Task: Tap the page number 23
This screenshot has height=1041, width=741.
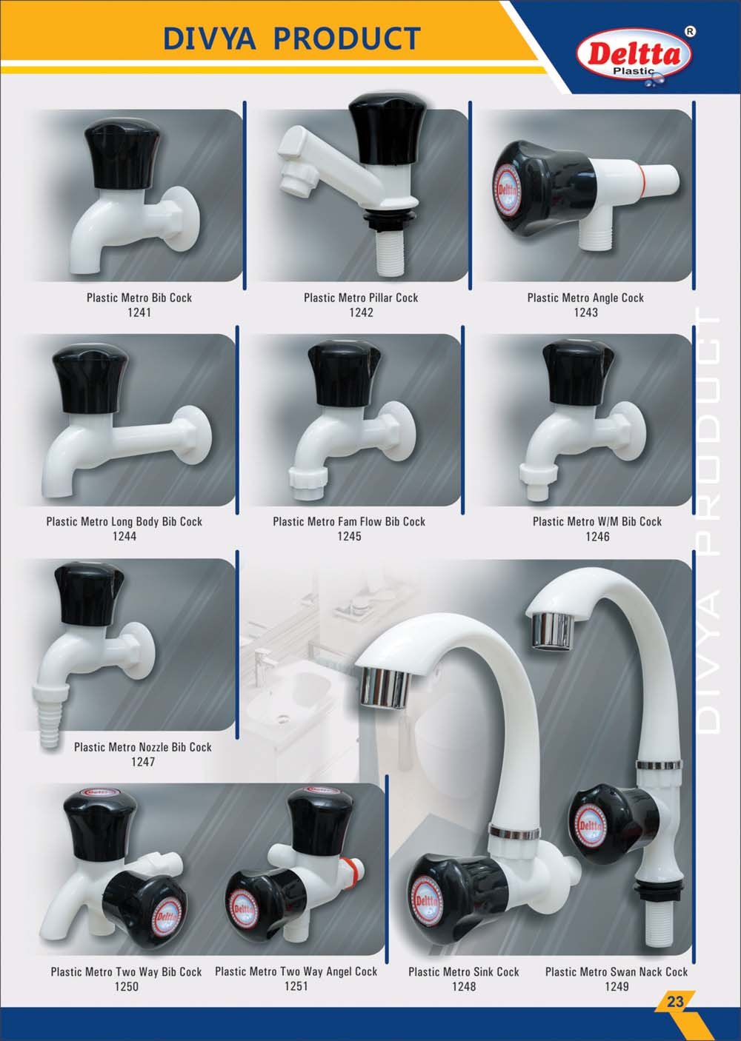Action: [x=674, y=1000]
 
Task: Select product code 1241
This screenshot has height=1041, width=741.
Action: [x=139, y=312]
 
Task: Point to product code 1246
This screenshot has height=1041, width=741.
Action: [x=597, y=536]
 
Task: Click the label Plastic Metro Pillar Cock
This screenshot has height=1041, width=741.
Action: [x=361, y=298]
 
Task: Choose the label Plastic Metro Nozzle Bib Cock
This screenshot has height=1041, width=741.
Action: [x=143, y=747]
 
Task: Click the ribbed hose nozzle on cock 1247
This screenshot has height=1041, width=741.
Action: [x=50, y=716]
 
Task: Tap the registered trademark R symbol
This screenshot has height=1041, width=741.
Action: [x=691, y=32]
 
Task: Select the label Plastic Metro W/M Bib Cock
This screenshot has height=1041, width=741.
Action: [x=597, y=521]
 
